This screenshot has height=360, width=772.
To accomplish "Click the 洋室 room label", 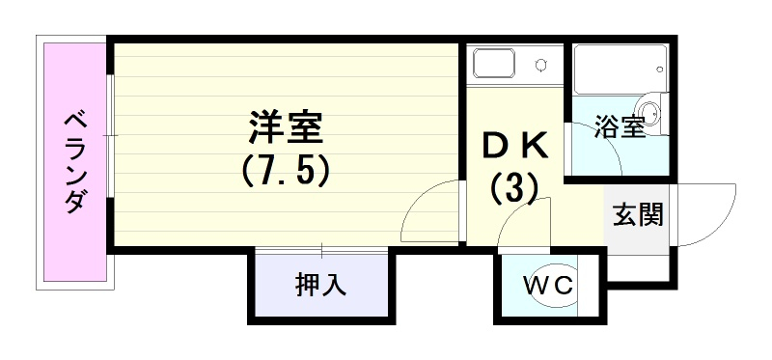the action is coord(286,128).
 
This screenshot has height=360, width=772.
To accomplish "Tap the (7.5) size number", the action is coord(286,173).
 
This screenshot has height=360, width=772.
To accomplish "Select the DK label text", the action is coord(515,147).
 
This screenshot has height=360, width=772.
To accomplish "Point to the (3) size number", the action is coord(513,189).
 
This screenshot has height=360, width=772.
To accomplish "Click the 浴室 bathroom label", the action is coord(620,126).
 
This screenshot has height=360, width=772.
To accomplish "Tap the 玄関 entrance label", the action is coord(638,214).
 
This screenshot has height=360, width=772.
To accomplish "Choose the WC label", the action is coord(548,285).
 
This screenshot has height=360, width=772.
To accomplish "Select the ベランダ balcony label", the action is coord(74,162).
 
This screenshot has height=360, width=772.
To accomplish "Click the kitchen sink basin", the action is coord(494,63).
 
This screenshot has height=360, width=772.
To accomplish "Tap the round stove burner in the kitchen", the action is coord(542,65).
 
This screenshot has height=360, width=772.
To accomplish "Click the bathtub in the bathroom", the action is coord(620,68).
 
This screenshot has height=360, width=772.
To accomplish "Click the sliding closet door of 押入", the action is coord(321,251).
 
